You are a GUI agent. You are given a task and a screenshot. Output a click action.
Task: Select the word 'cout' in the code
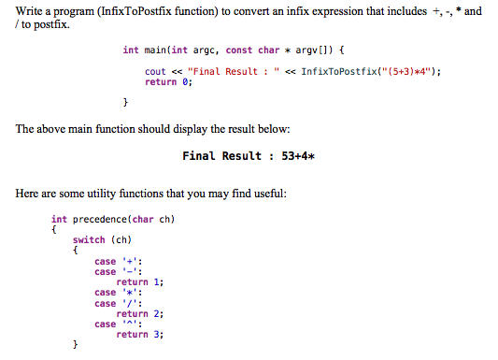[155, 71]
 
